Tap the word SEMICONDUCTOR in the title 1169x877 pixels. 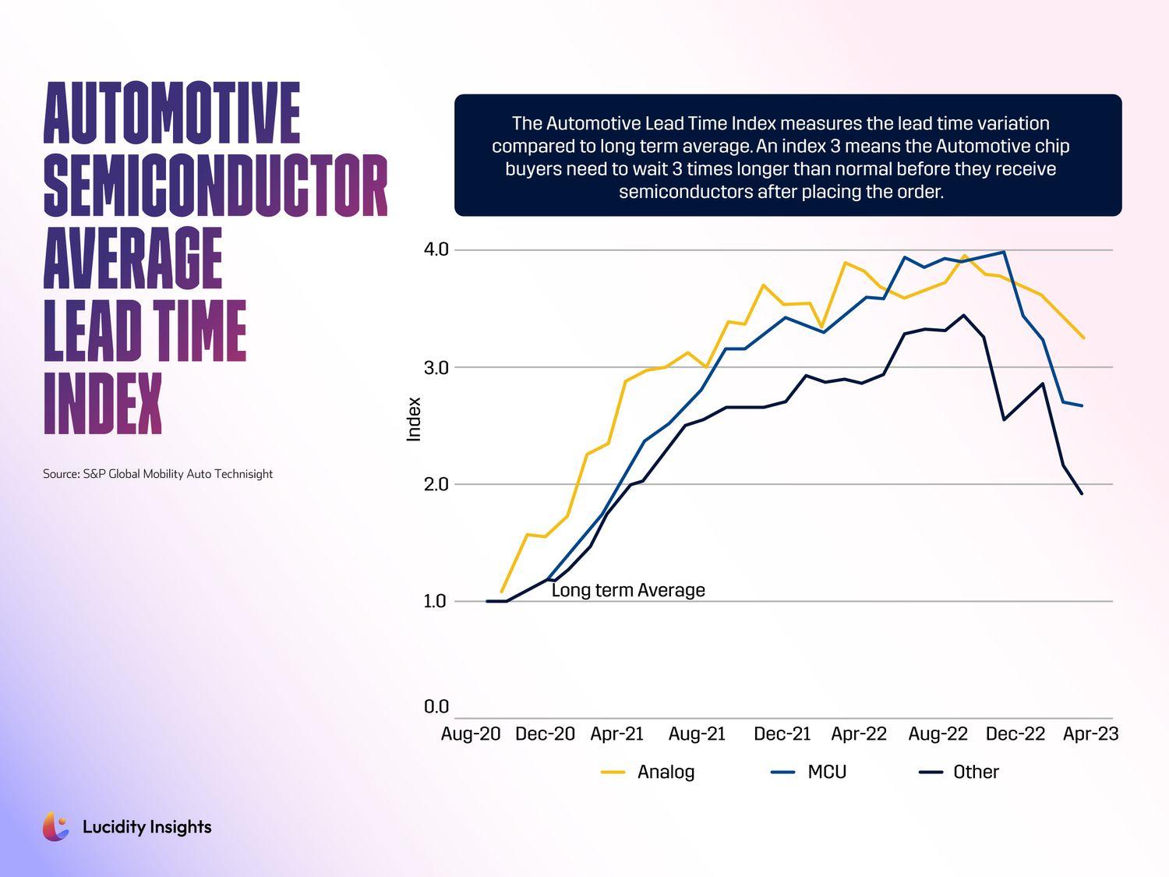tap(216, 186)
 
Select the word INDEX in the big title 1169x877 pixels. tap(103, 403)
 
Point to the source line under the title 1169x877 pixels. tap(157, 474)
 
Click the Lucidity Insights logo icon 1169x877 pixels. tap(55, 826)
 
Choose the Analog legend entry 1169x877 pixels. tap(648, 772)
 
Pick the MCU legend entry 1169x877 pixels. tap(810, 772)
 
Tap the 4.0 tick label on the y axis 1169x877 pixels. tap(436, 249)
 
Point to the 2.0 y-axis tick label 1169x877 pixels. tap(436, 484)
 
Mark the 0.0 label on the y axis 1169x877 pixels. tap(436, 706)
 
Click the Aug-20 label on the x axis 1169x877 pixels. tap(471, 734)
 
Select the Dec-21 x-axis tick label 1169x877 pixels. tap(782, 734)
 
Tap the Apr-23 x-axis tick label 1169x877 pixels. tap(1091, 734)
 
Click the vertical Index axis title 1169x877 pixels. tap(414, 419)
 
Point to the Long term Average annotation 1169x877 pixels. tap(628, 590)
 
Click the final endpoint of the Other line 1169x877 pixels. tap(1082, 493)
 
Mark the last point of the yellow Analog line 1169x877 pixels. tap(1084, 338)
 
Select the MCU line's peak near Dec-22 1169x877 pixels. tap(1004, 252)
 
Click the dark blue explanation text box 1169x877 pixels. tap(788, 156)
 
